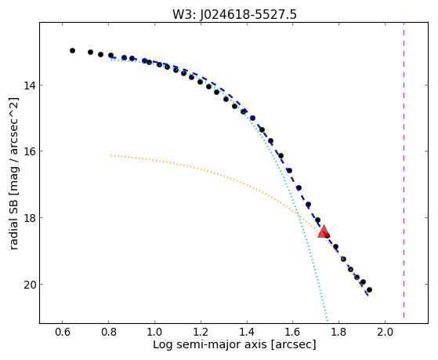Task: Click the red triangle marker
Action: (x=324, y=231)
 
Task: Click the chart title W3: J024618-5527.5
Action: (x=234, y=15)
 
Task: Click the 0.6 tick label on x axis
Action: (x=63, y=333)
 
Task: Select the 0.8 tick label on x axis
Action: (x=108, y=333)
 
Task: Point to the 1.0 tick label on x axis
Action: (x=154, y=333)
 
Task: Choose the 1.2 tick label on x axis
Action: (x=201, y=333)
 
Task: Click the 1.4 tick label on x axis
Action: (x=247, y=333)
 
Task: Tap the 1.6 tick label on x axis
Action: (x=292, y=333)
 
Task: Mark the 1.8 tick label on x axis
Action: (x=338, y=333)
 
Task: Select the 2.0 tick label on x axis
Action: (x=385, y=333)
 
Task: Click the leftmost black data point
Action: (x=72, y=51)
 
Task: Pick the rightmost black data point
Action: (x=369, y=289)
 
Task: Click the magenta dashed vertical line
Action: (x=404, y=170)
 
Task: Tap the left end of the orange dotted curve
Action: (x=111, y=155)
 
